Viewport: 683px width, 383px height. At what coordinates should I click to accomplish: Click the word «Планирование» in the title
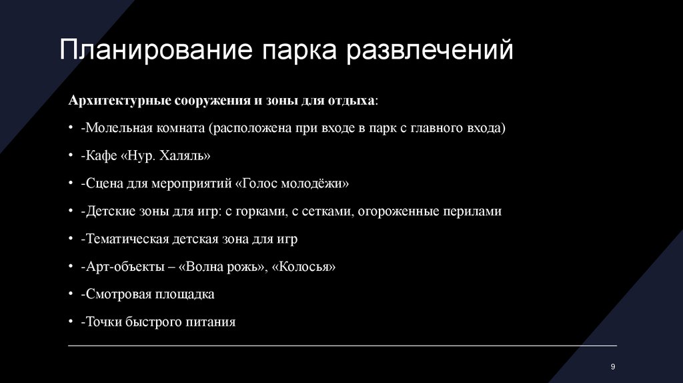[x=155, y=51]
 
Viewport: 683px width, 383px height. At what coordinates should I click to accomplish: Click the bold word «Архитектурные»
[x=119, y=100]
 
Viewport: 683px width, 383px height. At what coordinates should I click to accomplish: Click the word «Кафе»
[x=99, y=156]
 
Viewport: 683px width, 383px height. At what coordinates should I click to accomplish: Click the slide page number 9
[x=612, y=368]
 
